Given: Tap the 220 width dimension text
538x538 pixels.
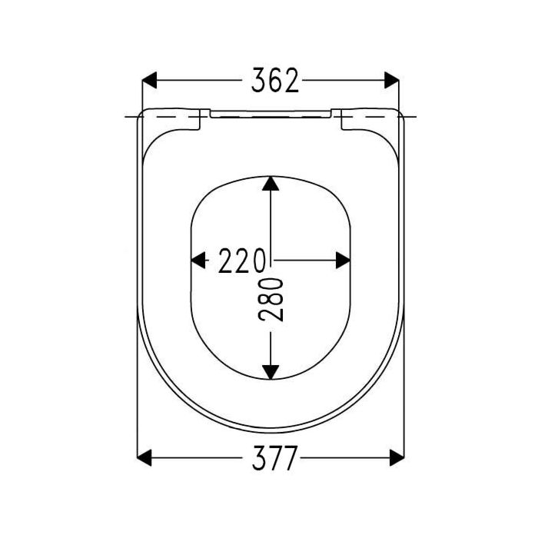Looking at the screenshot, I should tap(242, 261).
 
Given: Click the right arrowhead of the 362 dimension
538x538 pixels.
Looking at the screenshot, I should tap(392, 81).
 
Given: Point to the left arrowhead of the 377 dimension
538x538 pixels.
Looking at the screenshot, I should tap(145, 459).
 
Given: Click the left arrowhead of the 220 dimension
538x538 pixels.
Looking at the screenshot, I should tap(198, 261).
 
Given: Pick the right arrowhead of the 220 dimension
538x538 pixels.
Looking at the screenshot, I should tap(343, 261).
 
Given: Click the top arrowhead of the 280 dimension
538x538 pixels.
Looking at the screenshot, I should tap(270, 184).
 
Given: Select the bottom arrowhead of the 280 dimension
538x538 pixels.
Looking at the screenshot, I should tap(270, 371).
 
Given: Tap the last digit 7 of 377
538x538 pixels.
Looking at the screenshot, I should tap(289, 459).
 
